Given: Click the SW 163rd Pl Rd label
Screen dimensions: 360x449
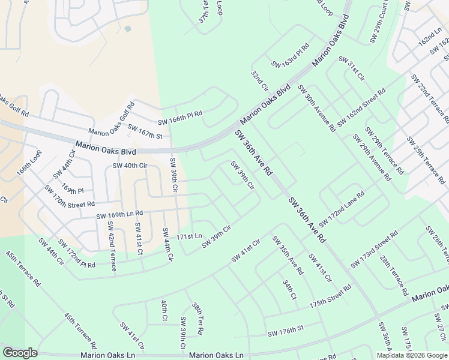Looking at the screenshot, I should [290, 55].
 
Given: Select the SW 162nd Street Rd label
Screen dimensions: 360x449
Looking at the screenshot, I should [361, 108].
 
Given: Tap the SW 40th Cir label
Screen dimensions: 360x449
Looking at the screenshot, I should [130, 166].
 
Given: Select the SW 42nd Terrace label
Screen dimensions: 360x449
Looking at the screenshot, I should [110, 246].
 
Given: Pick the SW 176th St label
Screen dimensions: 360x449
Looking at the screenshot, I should [286, 329].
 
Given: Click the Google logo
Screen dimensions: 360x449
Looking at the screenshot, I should [20, 353].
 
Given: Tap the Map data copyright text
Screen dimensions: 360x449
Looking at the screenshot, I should [411, 355].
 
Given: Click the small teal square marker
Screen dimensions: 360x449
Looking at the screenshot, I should [127, 28].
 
